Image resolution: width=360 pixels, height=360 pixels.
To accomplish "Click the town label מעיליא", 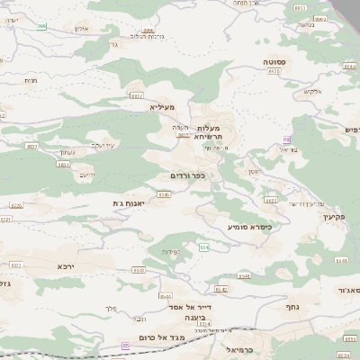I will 161,106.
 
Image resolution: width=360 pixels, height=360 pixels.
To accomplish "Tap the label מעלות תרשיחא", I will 208,131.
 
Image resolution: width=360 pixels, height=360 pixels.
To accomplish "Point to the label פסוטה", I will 274,61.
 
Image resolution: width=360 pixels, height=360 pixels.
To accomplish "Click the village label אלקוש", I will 311,91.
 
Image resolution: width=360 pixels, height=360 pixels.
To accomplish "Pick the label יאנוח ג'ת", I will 130,204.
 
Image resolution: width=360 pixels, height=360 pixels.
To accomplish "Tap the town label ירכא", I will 66,266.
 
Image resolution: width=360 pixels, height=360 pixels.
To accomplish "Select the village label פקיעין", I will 333,216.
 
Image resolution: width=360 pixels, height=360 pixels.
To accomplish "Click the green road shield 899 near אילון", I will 41,26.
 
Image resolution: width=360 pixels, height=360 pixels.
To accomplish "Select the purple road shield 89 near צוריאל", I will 286,139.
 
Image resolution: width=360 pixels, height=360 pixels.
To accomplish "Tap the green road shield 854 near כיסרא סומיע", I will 204,246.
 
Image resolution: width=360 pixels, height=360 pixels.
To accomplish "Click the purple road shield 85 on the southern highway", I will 126,345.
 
